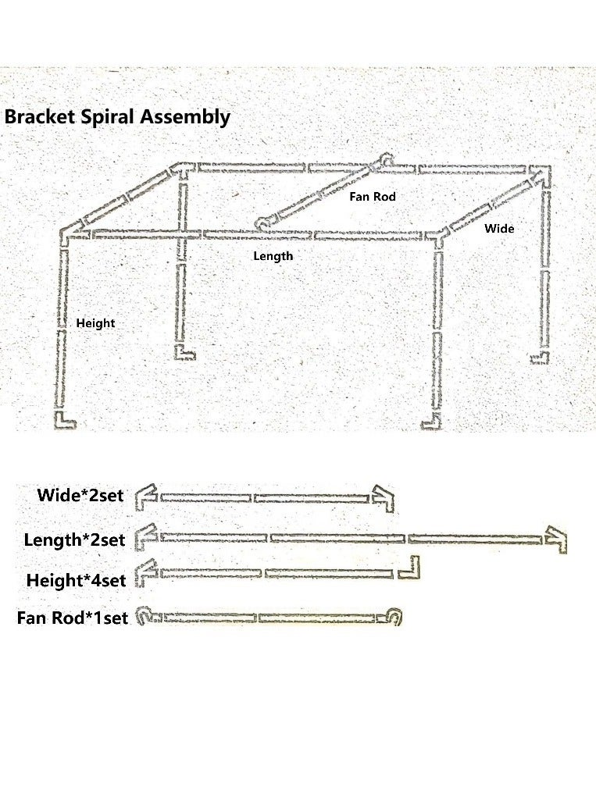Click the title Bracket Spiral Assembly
point(117,117)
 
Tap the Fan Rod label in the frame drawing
point(373,197)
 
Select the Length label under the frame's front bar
point(273,256)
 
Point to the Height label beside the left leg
point(95,323)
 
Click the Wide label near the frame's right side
point(499,229)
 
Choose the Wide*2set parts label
point(80,496)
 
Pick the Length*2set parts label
point(74,540)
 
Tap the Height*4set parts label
point(76,581)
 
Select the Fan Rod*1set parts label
point(72,618)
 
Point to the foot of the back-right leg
point(540,358)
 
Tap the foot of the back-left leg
point(185,354)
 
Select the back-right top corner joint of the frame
point(541,173)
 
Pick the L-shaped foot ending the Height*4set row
point(410,568)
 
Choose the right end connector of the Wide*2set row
point(382,497)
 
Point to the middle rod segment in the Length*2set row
point(337,538)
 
